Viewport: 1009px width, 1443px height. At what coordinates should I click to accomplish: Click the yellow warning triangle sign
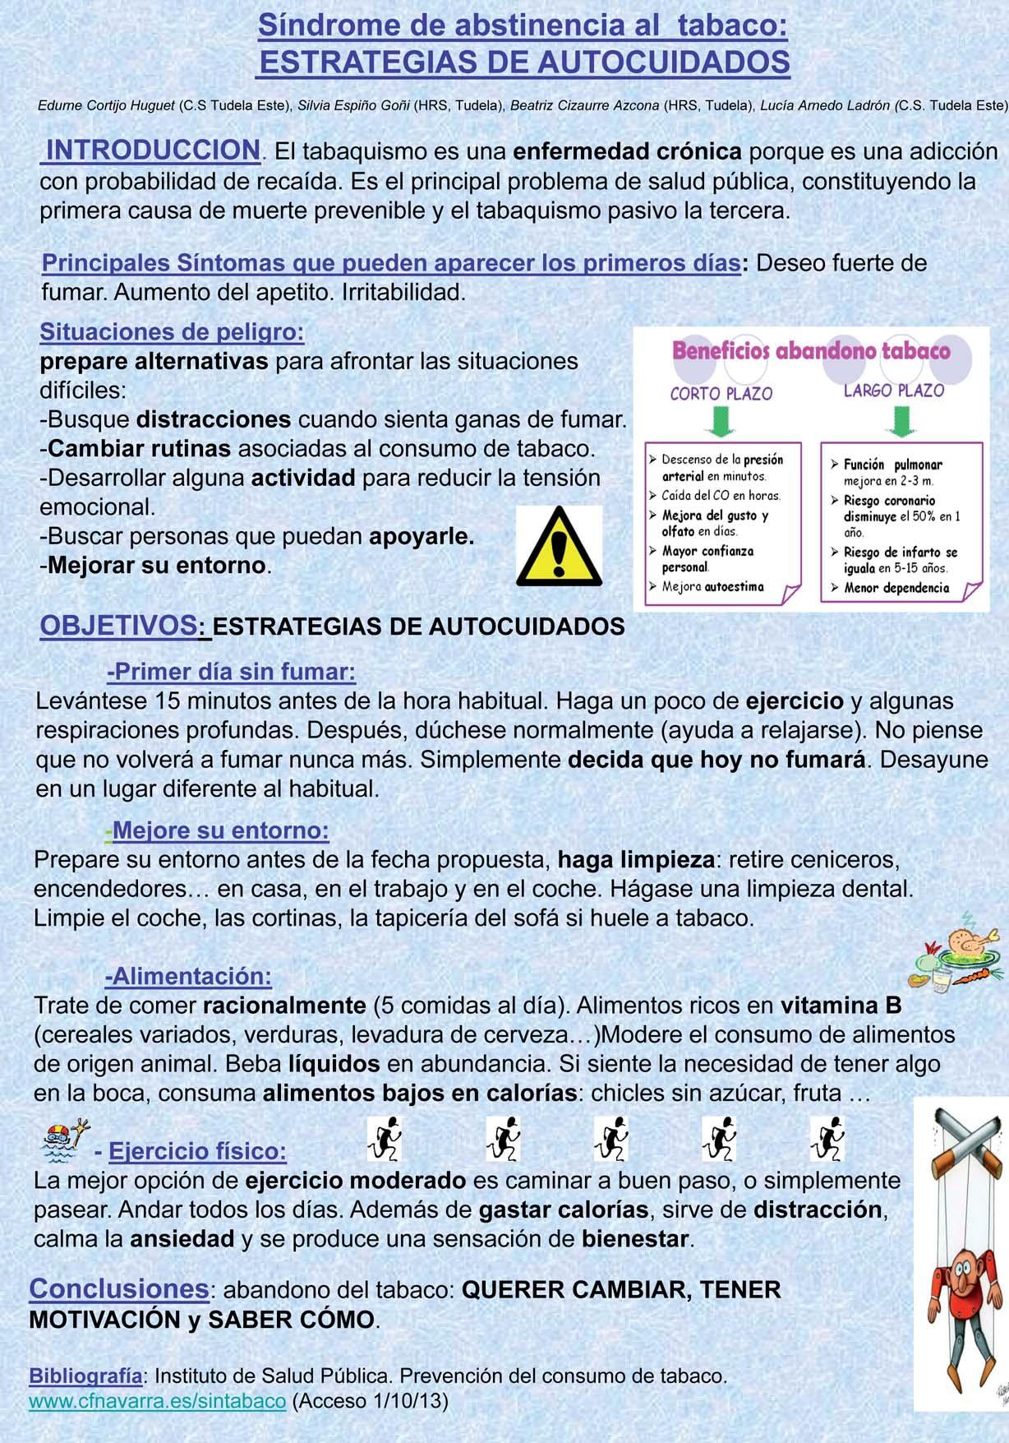pos(559,548)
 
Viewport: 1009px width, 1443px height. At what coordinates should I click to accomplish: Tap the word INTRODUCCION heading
pos(152,150)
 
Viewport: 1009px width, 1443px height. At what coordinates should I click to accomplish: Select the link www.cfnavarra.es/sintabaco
pos(158,1400)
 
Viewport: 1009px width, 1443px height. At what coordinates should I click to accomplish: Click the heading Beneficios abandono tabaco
pos(810,351)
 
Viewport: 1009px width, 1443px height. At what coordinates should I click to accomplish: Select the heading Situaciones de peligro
pos(172,332)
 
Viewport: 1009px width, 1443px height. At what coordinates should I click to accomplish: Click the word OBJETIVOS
pos(118,625)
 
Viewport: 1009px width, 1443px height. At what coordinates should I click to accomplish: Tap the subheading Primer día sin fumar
pos(232,672)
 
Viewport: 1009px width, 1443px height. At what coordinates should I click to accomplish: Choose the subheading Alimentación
pos(188,976)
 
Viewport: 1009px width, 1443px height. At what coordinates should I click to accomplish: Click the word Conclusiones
pos(118,1288)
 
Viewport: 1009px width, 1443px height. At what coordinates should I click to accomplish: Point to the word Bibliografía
pos(85,1375)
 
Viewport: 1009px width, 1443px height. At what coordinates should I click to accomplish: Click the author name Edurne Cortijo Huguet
pos(106,105)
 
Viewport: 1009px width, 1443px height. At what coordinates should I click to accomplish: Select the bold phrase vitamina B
pos(841,1005)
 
